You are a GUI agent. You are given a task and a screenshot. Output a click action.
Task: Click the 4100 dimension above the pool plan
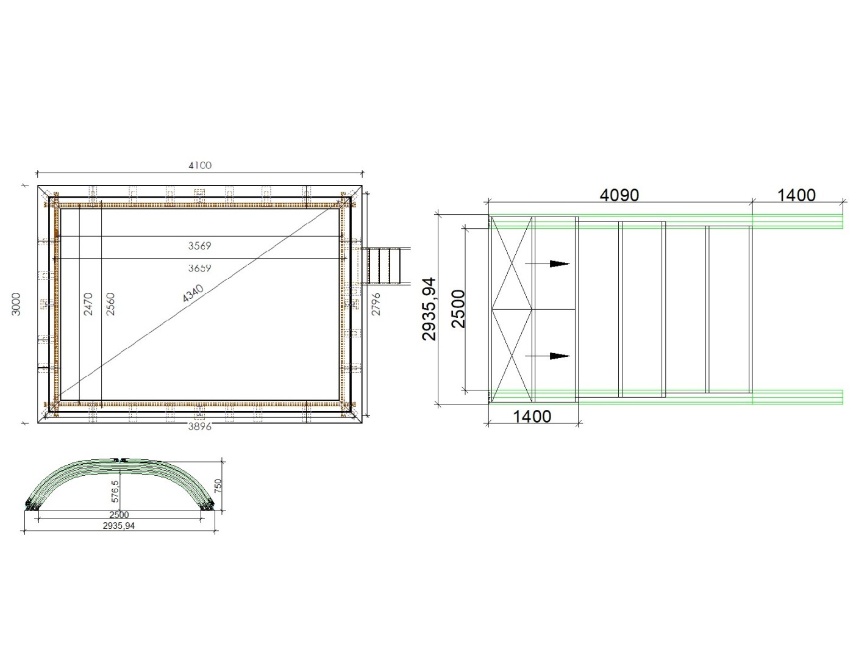click(x=200, y=165)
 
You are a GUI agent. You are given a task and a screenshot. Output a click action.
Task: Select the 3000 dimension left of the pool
click(x=16, y=304)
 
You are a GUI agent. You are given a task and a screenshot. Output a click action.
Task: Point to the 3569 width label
click(x=199, y=245)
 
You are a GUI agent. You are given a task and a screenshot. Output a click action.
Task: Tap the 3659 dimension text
click(x=199, y=268)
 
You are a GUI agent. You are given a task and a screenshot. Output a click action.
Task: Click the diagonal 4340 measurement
click(x=193, y=293)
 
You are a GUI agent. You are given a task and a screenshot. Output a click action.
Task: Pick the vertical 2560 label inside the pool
click(x=110, y=304)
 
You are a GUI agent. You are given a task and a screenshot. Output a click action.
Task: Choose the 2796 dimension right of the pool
click(x=376, y=304)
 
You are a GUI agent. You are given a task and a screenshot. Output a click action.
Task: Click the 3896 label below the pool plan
click(x=199, y=427)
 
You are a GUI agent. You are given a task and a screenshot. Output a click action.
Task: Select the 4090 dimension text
click(x=619, y=196)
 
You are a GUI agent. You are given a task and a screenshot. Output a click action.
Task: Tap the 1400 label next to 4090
click(x=796, y=196)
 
